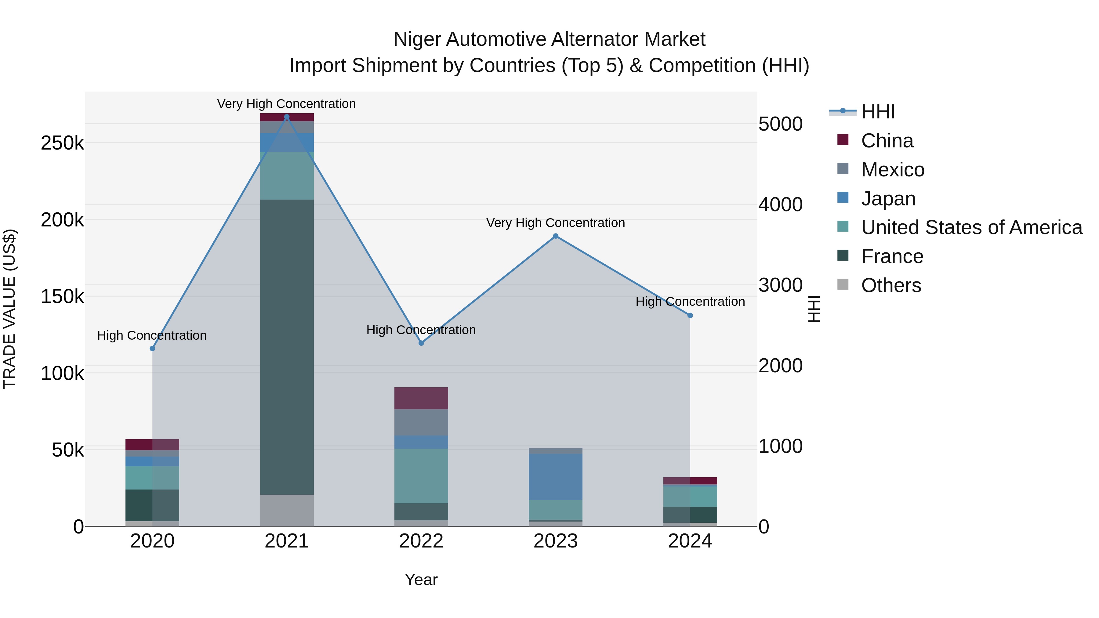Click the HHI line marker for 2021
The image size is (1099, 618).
click(287, 117)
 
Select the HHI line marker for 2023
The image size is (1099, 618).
click(556, 236)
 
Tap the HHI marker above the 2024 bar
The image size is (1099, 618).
click(690, 316)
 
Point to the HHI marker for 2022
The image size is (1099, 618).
click(421, 343)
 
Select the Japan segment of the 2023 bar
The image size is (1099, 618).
click(556, 476)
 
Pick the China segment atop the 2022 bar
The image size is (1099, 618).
click(421, 398)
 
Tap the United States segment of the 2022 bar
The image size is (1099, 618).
click(421, 475)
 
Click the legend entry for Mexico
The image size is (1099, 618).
click(893, 170)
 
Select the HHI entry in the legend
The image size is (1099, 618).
click(878, 112)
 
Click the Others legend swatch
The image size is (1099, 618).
click(843, 284)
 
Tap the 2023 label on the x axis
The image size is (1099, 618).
click(556, 541)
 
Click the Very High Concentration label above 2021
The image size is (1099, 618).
click(286, 104)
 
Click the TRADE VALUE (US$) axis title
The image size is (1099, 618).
click(9, 309)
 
